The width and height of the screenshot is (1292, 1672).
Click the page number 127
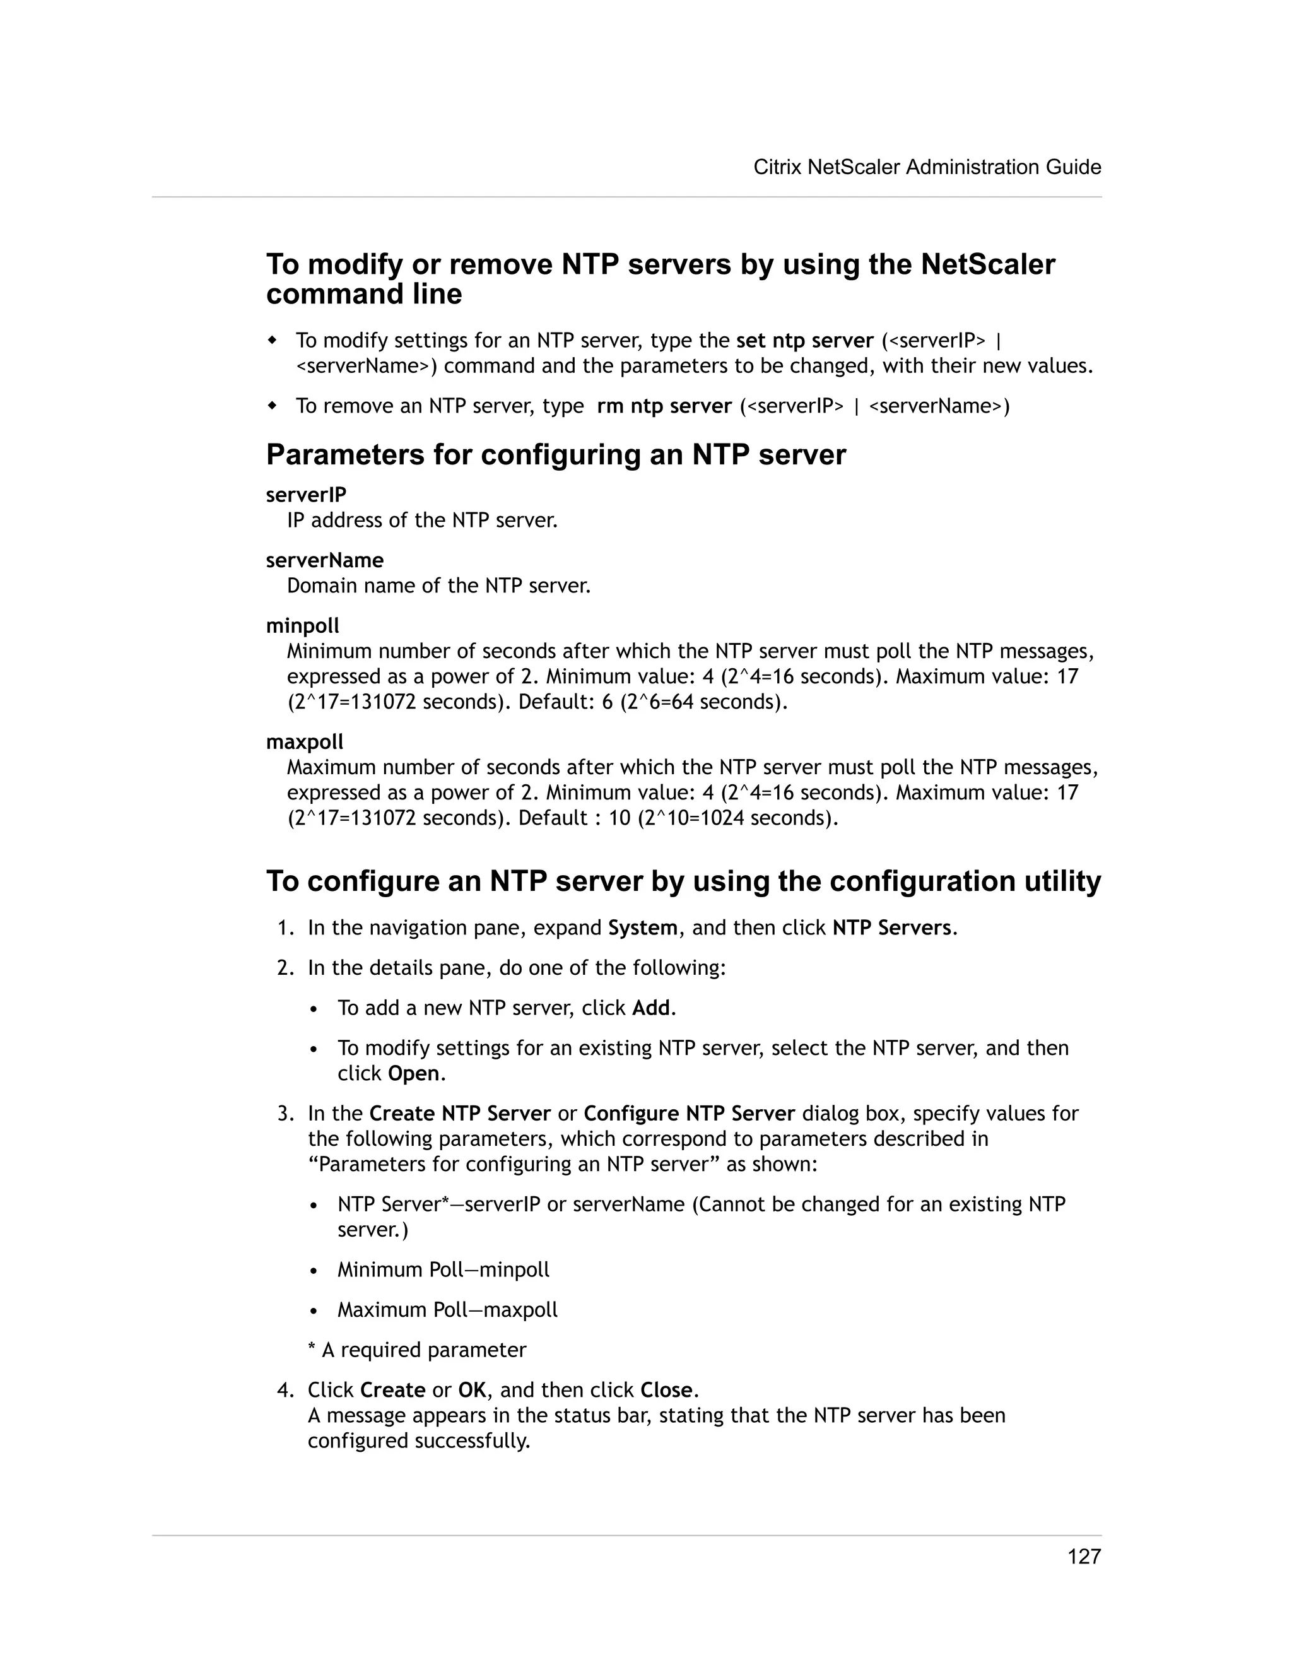(x=1084, y=1557)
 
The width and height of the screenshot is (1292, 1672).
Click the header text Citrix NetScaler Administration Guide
(x=927, y=167)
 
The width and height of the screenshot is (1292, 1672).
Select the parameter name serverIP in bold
(x=306, y=495)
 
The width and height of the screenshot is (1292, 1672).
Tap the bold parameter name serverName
(x=324, y=560)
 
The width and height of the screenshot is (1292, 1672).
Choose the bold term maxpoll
(x=305, y=742)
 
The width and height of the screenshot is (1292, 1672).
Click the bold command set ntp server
(x=804, y=340)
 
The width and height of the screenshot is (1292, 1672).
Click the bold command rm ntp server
(x=664, y=406)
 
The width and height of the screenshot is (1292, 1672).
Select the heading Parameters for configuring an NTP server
(x=556, y=455)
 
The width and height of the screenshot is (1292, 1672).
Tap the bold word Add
(x=650, y=1008)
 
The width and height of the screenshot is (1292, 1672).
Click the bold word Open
(x=413, y=1073)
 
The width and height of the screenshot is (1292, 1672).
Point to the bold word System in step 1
(x=642, y=928)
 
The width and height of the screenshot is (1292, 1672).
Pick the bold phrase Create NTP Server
(x=460, y=1113)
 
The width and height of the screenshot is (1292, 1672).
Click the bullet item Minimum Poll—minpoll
(x=443, y=1269)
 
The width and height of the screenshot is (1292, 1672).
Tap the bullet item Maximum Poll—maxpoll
(x=447, y=1309)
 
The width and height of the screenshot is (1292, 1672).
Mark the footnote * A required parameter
(x=416, y=1350)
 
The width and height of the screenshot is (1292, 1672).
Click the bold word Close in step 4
(x=667, y=1389)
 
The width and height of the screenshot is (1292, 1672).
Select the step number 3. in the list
(x=286, y=1113)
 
